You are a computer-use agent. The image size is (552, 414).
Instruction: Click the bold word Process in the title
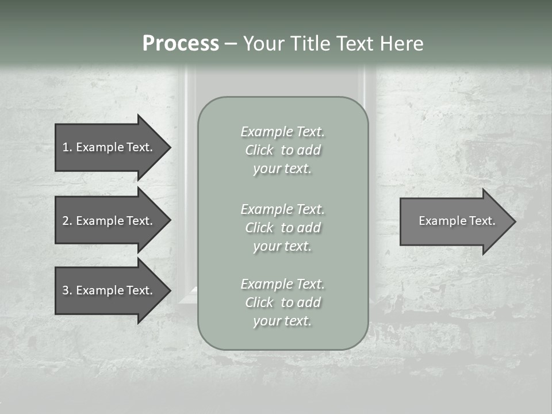pos(181,44)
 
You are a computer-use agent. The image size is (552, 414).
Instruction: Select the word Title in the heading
pos(309,44)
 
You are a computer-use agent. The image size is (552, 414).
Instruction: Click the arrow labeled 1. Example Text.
pos(108,147)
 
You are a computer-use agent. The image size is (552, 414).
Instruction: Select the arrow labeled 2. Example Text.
pos(108,221)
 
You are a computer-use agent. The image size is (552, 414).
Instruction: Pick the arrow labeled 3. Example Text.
pos(108,290)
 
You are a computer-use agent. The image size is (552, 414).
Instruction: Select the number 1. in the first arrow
pos(67,147)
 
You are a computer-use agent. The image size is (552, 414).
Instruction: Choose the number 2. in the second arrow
pos(67,221)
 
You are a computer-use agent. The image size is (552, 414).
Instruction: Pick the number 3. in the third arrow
pos(67,290)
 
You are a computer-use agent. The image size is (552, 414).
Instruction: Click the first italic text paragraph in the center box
pos(282,150)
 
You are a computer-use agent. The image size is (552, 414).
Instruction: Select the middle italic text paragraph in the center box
pos(282,228)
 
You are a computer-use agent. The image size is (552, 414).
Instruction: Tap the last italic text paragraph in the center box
pos(282,302)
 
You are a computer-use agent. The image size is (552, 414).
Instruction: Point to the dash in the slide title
pos(230,44)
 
